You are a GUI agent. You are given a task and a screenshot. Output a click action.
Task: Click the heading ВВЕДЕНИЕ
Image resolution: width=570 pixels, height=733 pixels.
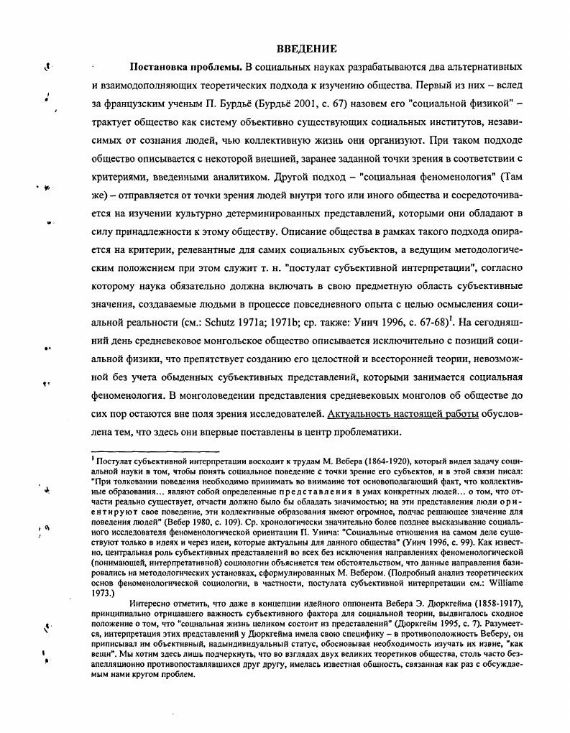tap(306, 49)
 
